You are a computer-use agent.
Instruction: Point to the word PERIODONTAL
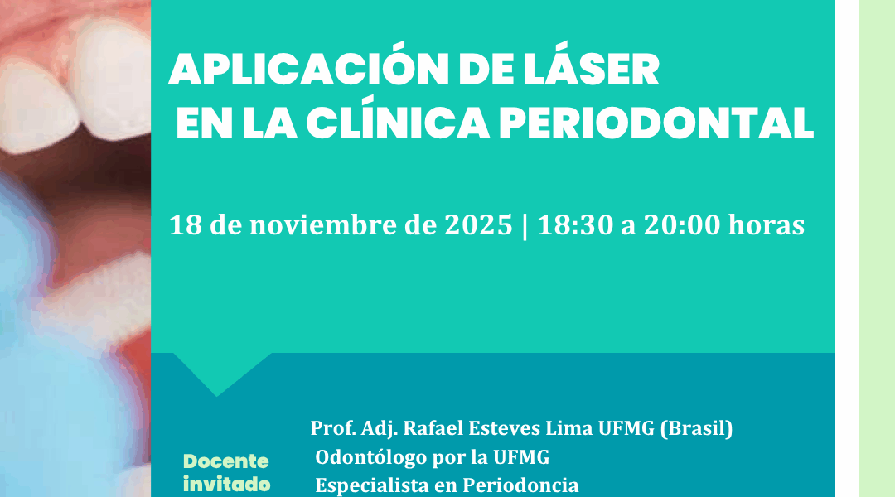[656, 123]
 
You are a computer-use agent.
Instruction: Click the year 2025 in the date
[478, 224]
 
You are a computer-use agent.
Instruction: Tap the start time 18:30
[575, 224]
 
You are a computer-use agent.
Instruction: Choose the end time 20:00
[682, 224]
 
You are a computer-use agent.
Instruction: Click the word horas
[767, 224]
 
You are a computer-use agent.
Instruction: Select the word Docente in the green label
[226, 461]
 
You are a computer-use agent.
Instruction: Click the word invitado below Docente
[226, 485]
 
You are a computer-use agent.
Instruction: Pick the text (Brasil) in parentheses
[696, 428]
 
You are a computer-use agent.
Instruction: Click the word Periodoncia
[520, 485]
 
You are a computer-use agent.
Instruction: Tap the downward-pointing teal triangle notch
[217, 371]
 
